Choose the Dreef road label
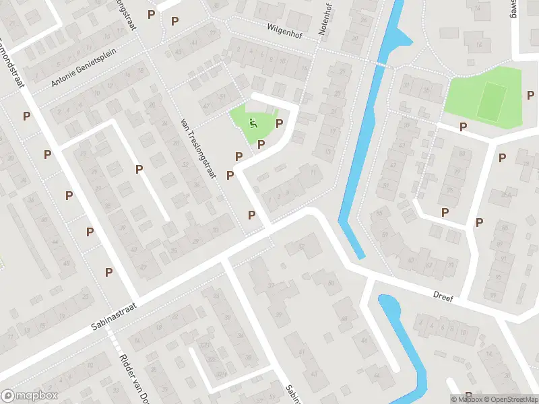(x=443, y=297)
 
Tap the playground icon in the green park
(x=253, y=123)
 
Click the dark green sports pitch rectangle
(x=493, y=100)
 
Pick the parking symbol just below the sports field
(x=463, y=127)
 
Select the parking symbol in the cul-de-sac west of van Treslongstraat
(x=139, y=169)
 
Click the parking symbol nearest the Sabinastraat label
(x=108, y=272)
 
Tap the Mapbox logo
(x=30, y=396)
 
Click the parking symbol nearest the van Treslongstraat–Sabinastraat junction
(x=251, y=215)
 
